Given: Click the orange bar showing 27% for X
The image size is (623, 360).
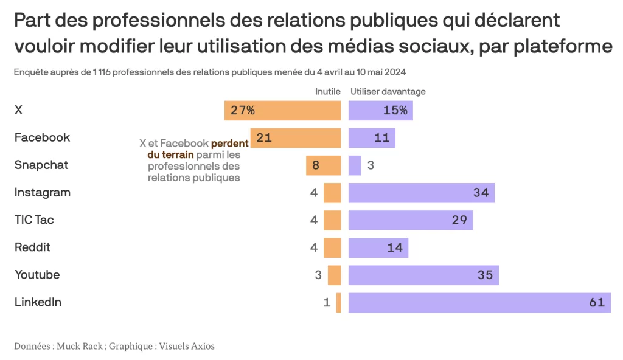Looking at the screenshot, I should coord(282,111).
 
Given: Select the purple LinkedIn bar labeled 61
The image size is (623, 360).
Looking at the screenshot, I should coord(479,302).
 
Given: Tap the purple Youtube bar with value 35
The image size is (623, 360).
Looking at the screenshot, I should coord(423,275).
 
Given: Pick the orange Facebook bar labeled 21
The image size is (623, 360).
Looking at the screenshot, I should coord(296,138).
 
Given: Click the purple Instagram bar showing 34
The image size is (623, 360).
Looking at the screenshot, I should coord(421,193).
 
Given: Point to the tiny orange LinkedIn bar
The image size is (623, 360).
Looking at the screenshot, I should coord(338,302).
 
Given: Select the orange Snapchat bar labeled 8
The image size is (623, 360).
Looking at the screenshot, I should coord(323,165).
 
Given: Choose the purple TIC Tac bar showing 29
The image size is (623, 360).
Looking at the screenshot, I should coord(411,220).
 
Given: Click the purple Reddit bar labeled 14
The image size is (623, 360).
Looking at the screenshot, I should coord(378,247).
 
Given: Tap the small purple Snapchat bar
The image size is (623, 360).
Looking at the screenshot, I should coord(355,165).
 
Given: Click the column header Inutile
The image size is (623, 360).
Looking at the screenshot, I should coord(327,92).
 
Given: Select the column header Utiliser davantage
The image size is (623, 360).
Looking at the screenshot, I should coord(388,92).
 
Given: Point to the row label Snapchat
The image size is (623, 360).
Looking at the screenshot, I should coord(41,165).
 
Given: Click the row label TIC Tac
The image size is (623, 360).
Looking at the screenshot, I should coord(34,220).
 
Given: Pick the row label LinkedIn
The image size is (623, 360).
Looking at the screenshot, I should coord(38,302).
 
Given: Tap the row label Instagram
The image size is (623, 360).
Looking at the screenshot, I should coord(43,192).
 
